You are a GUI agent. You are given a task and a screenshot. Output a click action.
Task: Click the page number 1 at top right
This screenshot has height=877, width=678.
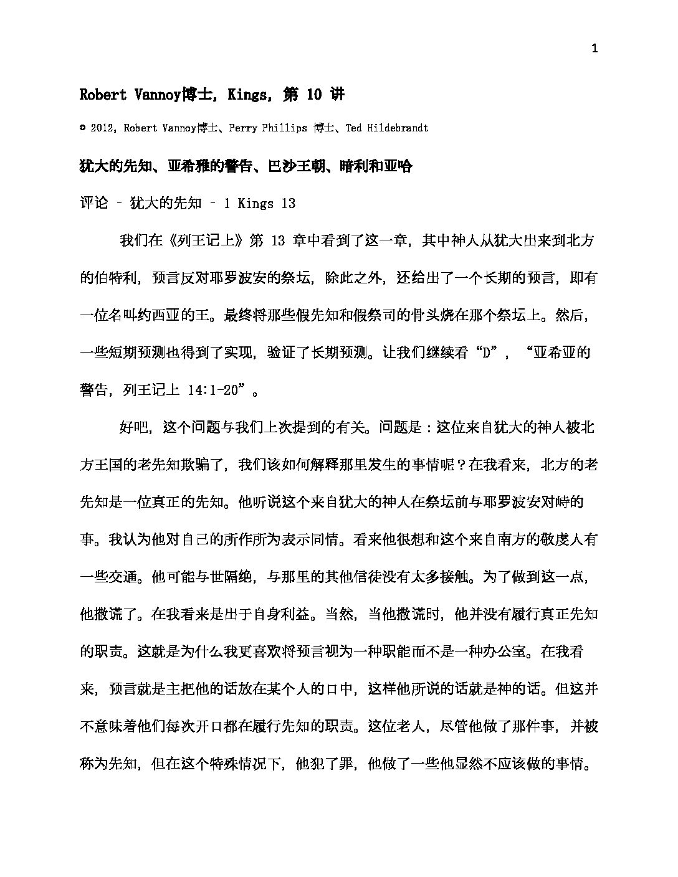pyautogui.click(x=594, y=49)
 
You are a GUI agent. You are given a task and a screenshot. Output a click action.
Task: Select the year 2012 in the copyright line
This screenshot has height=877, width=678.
pyautogui.click(x=103, y=128)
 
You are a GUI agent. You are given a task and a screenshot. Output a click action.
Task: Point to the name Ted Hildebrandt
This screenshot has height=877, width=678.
pyautogui.click(x=386, y=128)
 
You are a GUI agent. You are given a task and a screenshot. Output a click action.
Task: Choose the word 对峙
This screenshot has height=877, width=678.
pyautogui.click(x=568, y=502)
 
